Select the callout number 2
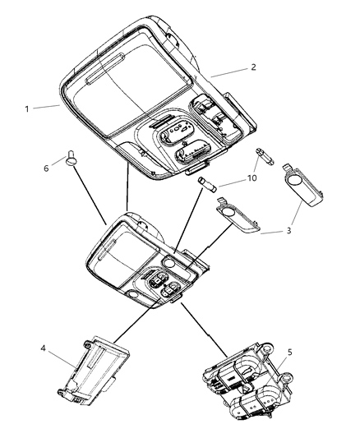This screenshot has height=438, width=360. [253, 67]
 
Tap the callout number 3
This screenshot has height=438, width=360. [288, 232]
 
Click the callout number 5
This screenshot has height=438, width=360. [288, 353]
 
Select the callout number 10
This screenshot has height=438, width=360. [253, 178]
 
